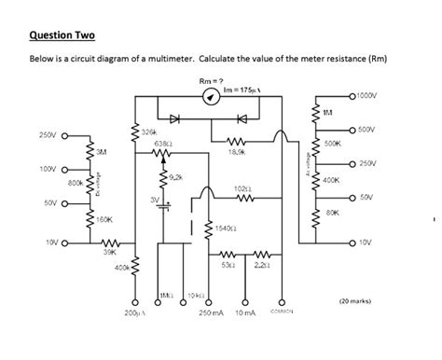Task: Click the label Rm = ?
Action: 209,81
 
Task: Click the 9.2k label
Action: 176,175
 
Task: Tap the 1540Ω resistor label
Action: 223,227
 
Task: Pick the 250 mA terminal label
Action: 212,312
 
